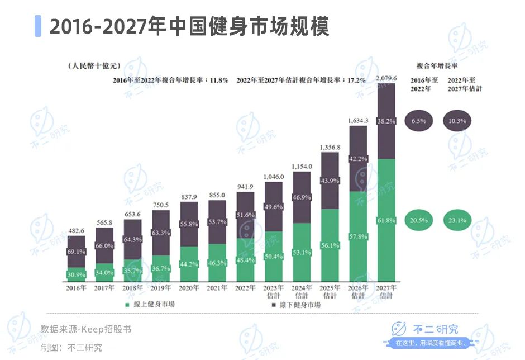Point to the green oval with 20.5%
pos(418,220)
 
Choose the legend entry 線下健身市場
pos(296,305)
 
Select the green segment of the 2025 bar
pos(330,246)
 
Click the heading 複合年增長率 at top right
pos(437,65)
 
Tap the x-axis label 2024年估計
pos(302,291)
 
